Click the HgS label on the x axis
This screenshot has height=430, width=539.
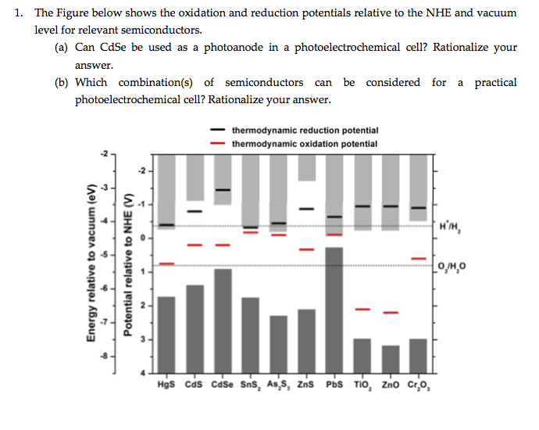pyautogui.click(x=166, y=385)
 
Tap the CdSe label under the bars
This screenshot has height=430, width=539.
pyautogui.click(x=223, y=385)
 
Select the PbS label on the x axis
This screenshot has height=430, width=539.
pyautogui.click(x=334, y=385)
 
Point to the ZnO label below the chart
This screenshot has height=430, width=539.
pyautogui.click(x=391, y=385)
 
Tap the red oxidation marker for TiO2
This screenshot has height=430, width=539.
pyautogui.click(x=362, y=309)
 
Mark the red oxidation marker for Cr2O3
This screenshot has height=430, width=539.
pyautogui.click(x=419, y=258)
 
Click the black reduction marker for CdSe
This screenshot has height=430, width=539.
pyautogui.click(x=223, y=190)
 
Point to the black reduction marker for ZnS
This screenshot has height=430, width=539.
pyautogui.click(x=307, y=209)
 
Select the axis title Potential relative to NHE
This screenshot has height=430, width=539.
pyautogui.click(x=128, y=266)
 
